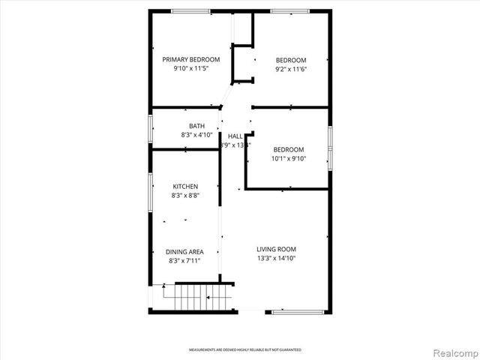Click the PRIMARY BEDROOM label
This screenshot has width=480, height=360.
pos(191,59)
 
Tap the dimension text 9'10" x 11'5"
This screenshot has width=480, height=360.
pos(191,68)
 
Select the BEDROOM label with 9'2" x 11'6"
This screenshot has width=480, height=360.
pos(291,60)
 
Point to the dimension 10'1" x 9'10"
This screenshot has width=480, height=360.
pos(289,157)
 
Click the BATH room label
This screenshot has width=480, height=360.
pos(196,126)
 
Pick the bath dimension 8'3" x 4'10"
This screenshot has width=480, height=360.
pos(196,135)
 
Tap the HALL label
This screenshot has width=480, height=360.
pos(235,136)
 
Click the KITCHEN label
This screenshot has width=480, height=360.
pos(185,187)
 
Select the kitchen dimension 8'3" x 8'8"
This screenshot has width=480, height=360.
pos(185,196)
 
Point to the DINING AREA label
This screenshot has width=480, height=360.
pos(185,252)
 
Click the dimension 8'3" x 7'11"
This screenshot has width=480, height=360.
pos(185,261)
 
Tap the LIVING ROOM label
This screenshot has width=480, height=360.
pos(277,250)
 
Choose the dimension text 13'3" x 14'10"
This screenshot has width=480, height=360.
pos(277,259)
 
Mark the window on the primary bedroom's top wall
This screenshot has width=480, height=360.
pos(190,10)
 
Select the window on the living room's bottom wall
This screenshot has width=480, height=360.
pos(298,311)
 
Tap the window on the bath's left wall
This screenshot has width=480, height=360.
pos(149,127)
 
